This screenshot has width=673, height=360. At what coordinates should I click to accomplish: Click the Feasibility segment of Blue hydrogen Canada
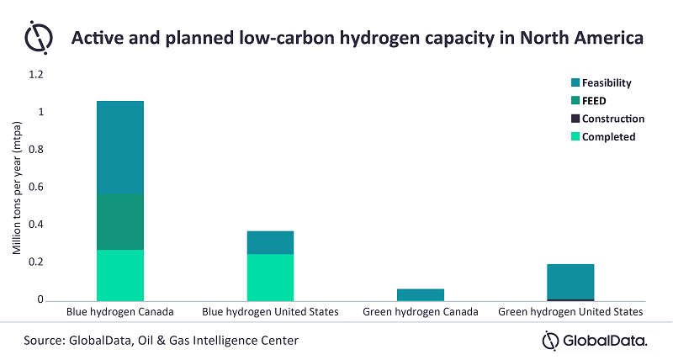(120, 147)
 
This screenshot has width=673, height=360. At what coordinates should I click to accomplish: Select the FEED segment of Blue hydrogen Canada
(120, 221)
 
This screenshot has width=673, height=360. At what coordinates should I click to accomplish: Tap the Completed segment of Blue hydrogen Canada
(120, 275)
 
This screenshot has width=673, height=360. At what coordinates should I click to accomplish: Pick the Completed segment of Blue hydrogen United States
(270, 278)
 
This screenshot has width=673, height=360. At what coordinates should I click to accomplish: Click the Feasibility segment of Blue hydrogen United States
(270, 242)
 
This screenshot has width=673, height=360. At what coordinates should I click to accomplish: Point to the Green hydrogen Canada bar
(421, 294)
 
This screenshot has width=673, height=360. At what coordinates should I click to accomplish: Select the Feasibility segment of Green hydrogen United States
(570, 282)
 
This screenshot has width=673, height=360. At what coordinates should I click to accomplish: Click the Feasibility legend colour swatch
(575, 82)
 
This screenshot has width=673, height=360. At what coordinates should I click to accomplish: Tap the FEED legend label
(594, 101)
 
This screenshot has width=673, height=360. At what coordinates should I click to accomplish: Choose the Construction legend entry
(607, 119)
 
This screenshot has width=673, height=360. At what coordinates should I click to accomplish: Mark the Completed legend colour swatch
(575, 136)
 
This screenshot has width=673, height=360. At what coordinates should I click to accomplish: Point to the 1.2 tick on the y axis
(36, 75)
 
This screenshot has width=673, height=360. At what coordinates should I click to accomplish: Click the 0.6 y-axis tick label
(36, 187)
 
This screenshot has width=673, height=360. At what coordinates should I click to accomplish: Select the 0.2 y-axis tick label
(36, 262)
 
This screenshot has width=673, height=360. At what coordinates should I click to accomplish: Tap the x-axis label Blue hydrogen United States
(270, 312)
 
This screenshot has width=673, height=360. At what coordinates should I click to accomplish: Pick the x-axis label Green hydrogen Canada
(421, 312)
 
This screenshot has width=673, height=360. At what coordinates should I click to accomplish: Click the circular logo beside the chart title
(39, 37)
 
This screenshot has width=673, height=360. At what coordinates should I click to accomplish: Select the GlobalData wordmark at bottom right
(595, 341)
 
